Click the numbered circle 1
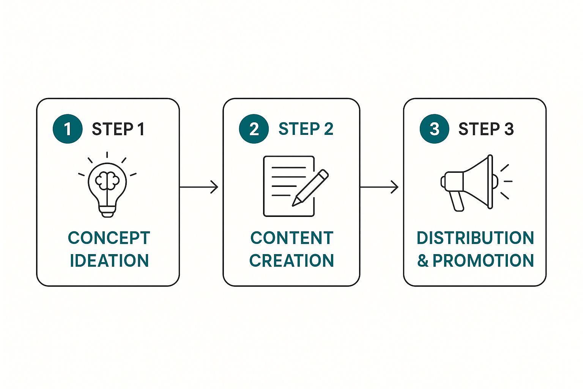click(x=68, y=129)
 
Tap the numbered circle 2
click(x=254, y=129)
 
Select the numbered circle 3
click(x=434, y=129)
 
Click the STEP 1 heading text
click(x=118, y=129)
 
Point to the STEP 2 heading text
click(x=306, y=129)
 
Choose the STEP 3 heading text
click(x=486, y=129)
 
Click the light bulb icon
click(x=107, y=185)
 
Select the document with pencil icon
click(x=296, y=186)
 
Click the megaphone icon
click(x=476, y=182)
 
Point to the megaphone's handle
click(x=457, y=201)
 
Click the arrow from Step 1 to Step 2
click(x=199, y=187)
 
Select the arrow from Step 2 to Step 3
click(x=379, y=187)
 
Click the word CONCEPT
click(x=109, y=238)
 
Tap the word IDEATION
click(x=109, y=260)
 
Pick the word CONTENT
click(x=292, y=238)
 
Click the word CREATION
click(x=291, y=260)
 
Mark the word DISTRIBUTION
click(x=475, y=238)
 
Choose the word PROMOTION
click(x=483, y=260)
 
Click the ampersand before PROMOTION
click(x=423, y=260)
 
